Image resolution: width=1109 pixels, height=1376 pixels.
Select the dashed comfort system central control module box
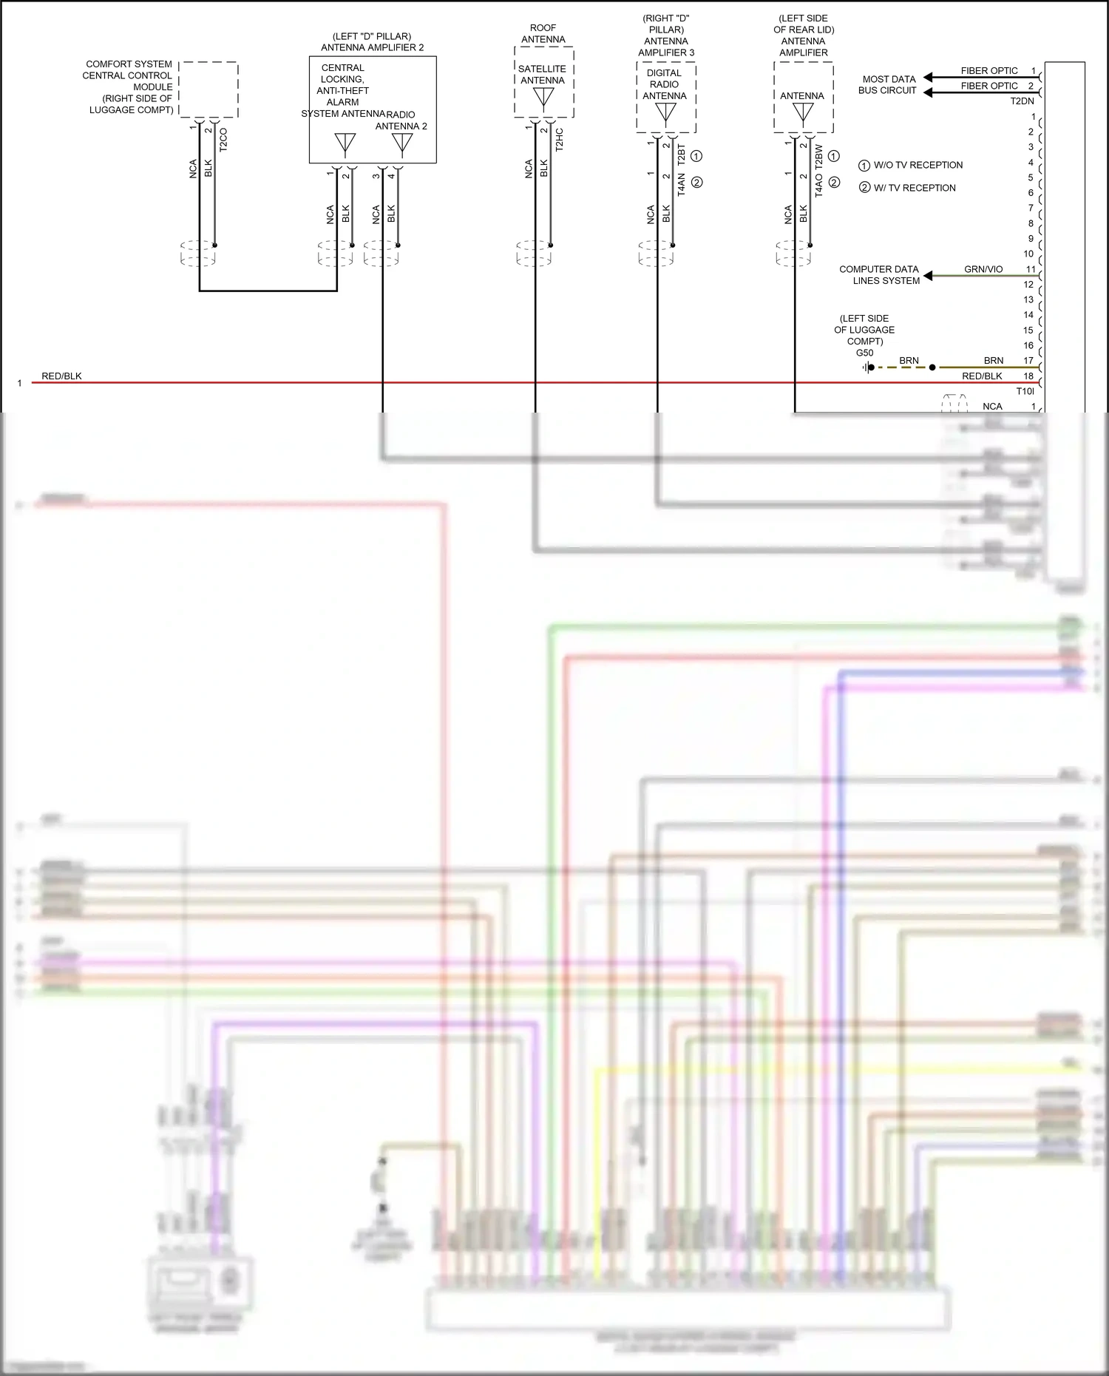(208, 89)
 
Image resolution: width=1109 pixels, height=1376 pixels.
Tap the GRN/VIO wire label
(983, 269)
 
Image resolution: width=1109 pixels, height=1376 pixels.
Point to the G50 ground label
(864, 353)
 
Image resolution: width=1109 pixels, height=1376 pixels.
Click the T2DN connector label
(1022, 101)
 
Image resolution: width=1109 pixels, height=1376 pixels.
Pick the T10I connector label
(1025, 391)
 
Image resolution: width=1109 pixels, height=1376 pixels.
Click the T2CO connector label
(223, 140)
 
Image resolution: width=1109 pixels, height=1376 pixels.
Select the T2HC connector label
(559, 140)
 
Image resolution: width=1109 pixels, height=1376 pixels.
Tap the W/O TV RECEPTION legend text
(918, 165)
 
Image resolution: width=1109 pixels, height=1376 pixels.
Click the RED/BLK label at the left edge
(61, 376)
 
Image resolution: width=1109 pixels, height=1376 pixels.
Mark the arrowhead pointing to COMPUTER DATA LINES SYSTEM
(929, 276)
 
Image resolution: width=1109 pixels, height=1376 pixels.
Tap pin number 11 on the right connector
(1030, 269)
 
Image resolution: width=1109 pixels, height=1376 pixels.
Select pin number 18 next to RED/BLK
(1028, 376)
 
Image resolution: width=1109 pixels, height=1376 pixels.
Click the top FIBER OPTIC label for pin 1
(988, 71)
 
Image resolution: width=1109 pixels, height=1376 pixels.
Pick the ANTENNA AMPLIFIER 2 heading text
(372, 47)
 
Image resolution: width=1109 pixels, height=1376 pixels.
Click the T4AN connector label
(681, 184)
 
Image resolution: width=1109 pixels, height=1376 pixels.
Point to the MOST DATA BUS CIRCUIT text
(888, 84)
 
